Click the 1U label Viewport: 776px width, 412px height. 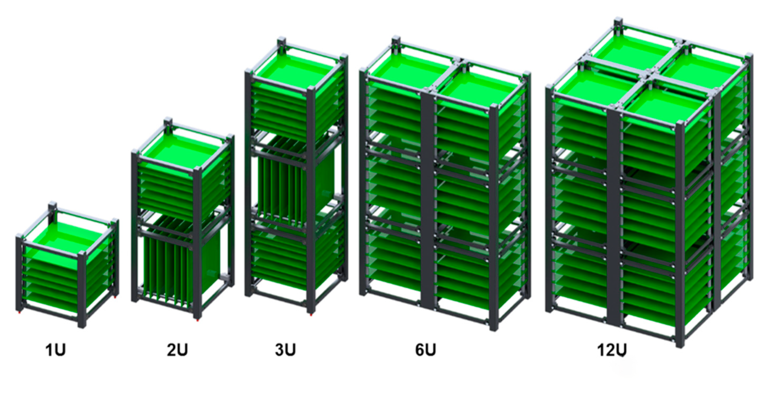click(x=55, y=350)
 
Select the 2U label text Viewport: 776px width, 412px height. click(x=177, y=350)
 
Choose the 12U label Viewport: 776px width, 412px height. click(x=612, y=350)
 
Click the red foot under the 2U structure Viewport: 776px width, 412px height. click(x=198, y=321)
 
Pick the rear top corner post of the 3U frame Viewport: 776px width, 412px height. click(x=281, y=45)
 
